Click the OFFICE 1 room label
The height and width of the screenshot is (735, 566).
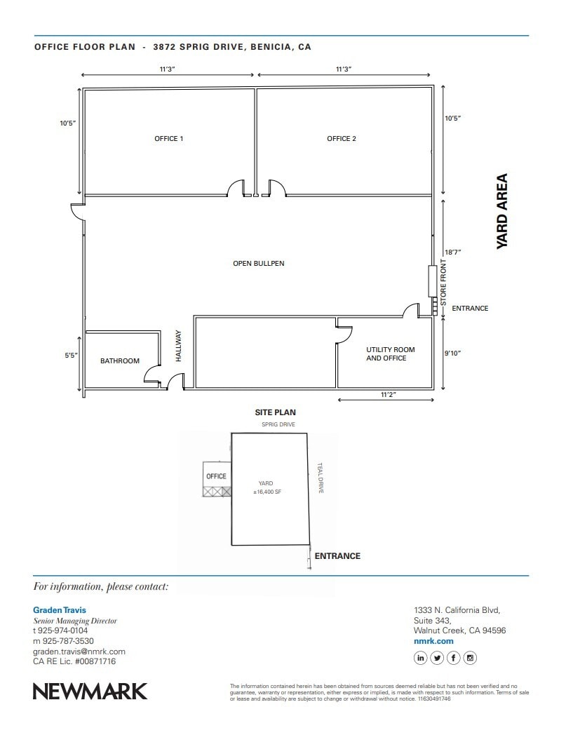click(168, 139)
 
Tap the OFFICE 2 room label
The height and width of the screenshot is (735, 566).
click(342, 139)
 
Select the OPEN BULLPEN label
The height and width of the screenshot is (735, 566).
click(259, 264)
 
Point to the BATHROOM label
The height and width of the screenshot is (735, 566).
click(120, 361)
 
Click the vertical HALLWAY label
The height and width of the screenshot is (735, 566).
click(178, 346)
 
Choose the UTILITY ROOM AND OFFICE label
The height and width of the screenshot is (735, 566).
click(390, 354)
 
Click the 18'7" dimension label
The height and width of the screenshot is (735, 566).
click(452, 252)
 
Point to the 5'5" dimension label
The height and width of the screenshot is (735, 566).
click(71, 356)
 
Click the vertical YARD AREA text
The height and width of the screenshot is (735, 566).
click(502, 211)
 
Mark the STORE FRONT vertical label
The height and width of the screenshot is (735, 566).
click(443, 283)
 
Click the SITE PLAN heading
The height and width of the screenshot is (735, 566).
click(275, 413)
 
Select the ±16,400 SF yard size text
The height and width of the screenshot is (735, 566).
click(267, 492)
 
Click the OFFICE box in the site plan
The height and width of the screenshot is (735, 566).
click(216, 476)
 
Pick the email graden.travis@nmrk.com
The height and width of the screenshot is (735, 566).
click(79, 652)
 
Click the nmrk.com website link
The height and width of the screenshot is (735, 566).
click(433, 641)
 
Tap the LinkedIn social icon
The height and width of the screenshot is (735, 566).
click(421, 658)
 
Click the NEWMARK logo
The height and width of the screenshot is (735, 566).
click(90, 691)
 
